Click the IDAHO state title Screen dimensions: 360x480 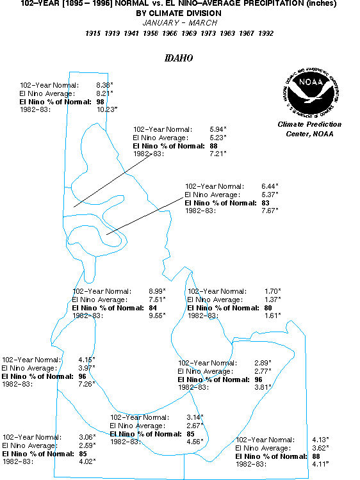179,58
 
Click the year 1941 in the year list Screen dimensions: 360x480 131,33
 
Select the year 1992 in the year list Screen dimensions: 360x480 266,33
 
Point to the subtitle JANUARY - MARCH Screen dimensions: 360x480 180,23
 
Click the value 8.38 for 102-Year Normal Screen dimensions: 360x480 104,85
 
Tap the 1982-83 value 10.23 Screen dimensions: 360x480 107,109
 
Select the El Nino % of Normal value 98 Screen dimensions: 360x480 100,102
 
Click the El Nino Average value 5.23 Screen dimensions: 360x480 218,138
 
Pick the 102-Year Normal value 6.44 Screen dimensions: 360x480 270,186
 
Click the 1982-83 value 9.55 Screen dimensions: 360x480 157,316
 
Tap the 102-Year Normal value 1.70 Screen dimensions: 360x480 272,291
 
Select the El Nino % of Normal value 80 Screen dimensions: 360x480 268,308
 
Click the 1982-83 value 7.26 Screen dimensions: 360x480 86,384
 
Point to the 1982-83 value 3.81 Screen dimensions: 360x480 263,387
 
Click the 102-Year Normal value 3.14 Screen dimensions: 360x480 195,417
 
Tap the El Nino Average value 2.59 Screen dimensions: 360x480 87,445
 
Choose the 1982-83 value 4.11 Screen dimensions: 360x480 320,464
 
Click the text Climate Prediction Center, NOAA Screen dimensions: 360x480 309,129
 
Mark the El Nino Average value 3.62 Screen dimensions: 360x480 320,448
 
